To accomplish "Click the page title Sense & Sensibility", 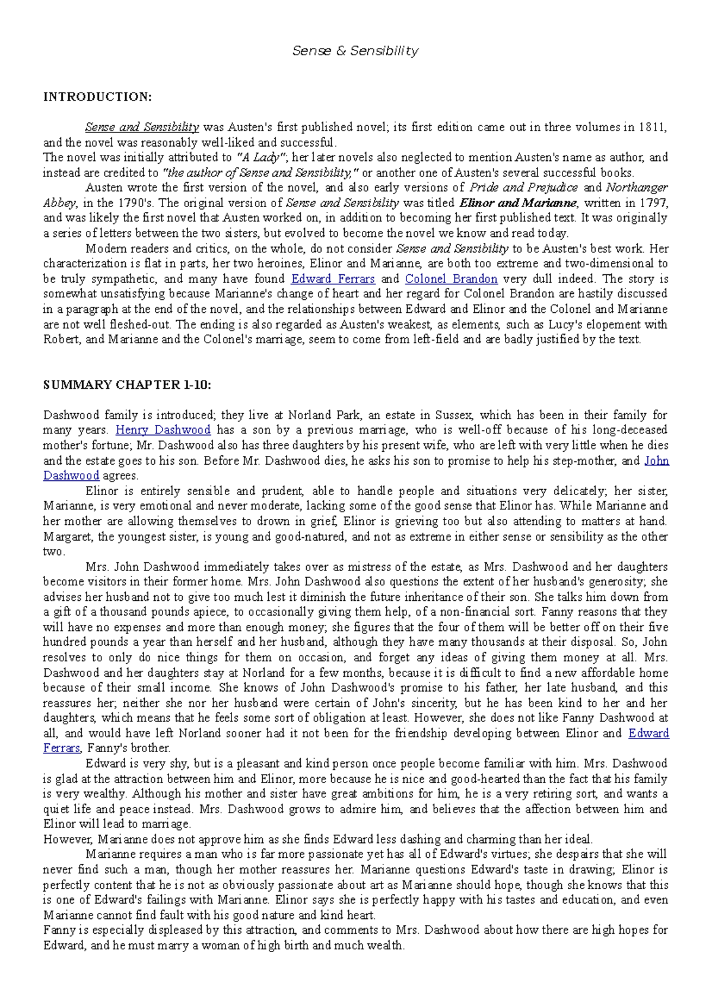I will pyautogui.click(x=355, y=51).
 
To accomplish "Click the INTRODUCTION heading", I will pyautogui.click(x=97, y=97).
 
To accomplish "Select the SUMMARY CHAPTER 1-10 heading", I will pyautogui.click(x=127, y=385).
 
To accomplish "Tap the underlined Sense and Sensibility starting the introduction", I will pyautogui.click(x=142, y=127).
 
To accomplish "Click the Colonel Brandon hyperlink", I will pyautogui.click(x=451, y=279).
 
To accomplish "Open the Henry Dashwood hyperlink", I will pyautogui.click(x=163, y=430).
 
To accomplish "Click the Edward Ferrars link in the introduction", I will pyautogui.click(x=332, y=279).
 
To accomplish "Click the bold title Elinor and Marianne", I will pyautogui.click(x=517, y=203).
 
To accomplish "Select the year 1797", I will pyautogui.click(x=655, y=203).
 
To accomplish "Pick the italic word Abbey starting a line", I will pyautogui.click(x=59, y=203).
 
